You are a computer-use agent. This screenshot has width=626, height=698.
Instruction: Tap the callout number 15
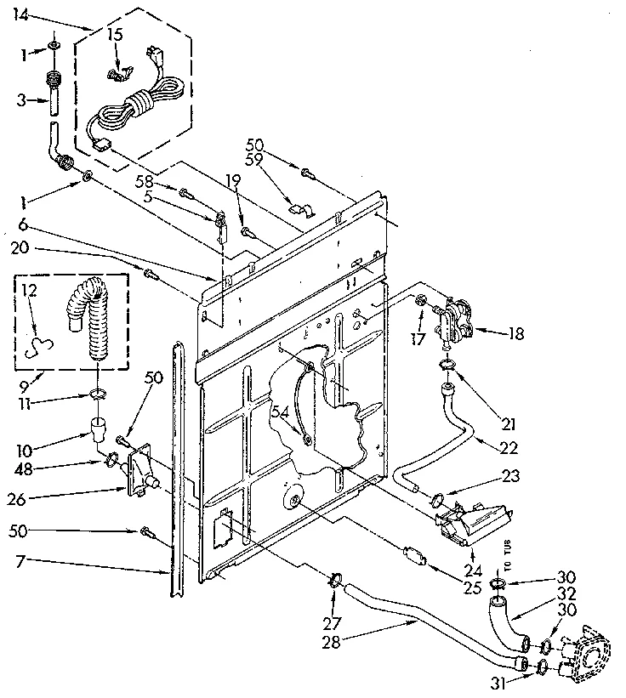(115, 35)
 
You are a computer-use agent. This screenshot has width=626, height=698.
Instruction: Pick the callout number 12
(28, 292)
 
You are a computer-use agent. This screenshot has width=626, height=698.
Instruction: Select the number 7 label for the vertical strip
(19, 562)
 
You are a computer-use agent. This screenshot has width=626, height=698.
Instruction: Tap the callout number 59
(253, 161)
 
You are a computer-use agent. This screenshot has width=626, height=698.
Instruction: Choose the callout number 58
(144, 180)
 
